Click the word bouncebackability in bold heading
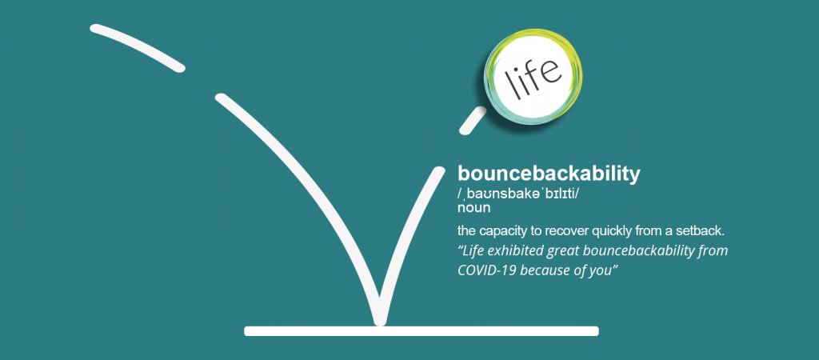[549, 174]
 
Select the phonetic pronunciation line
[519, 194]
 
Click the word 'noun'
[474, 208]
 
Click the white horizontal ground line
[421, 330]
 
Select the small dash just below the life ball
[473, 120]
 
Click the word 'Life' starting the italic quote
[472, 251]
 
